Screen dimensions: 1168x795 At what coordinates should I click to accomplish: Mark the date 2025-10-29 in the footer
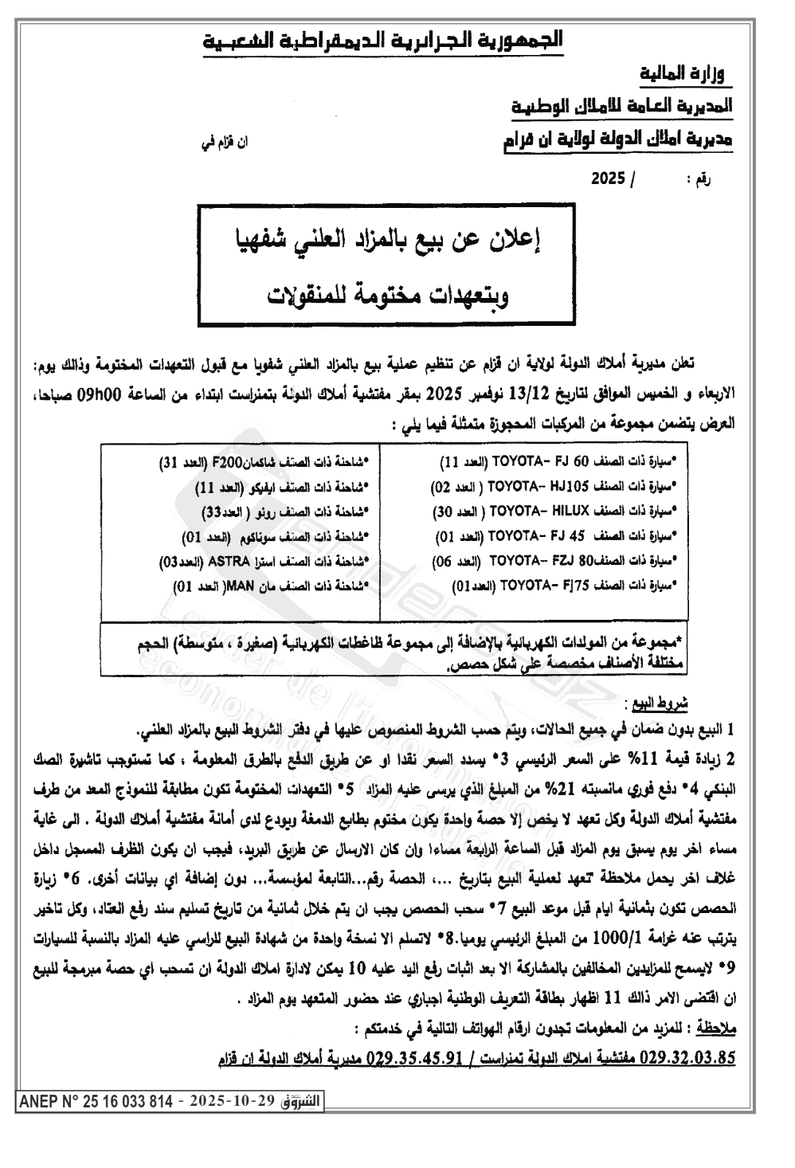click(233, 1102)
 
